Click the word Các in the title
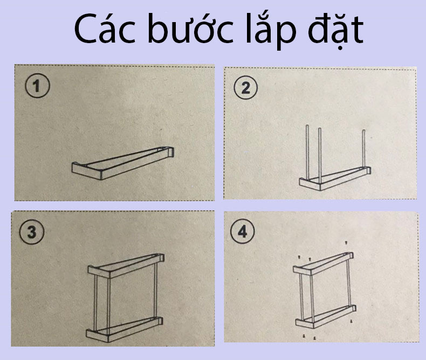[105, 29]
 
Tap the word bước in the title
[191, 29]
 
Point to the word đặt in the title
[336, 30]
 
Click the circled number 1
[38, 86]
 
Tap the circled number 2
[246, 88]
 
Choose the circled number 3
[32, 232]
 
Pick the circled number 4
[242, 231]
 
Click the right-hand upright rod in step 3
[156, 289]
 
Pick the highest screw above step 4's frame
[346, 243]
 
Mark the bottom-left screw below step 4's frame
[304, 337]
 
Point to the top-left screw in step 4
[299, 257]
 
